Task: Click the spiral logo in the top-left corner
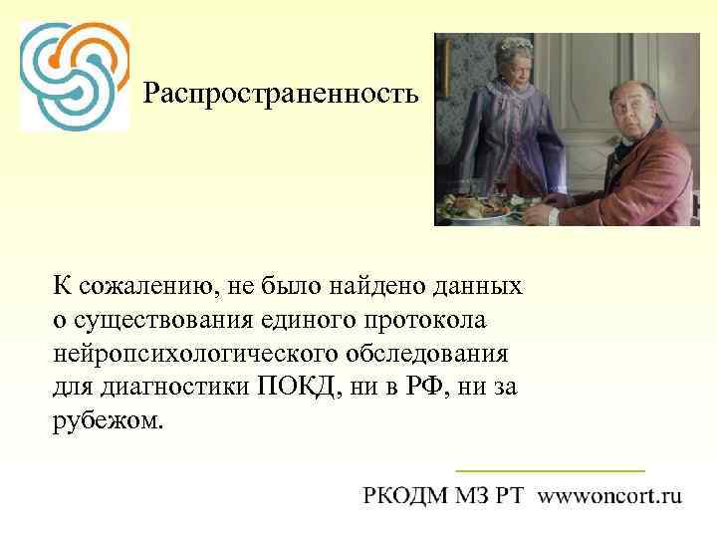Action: tap(74, 75)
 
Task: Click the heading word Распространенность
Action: tap(282, 95)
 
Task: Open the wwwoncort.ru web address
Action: tap(610, 495)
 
